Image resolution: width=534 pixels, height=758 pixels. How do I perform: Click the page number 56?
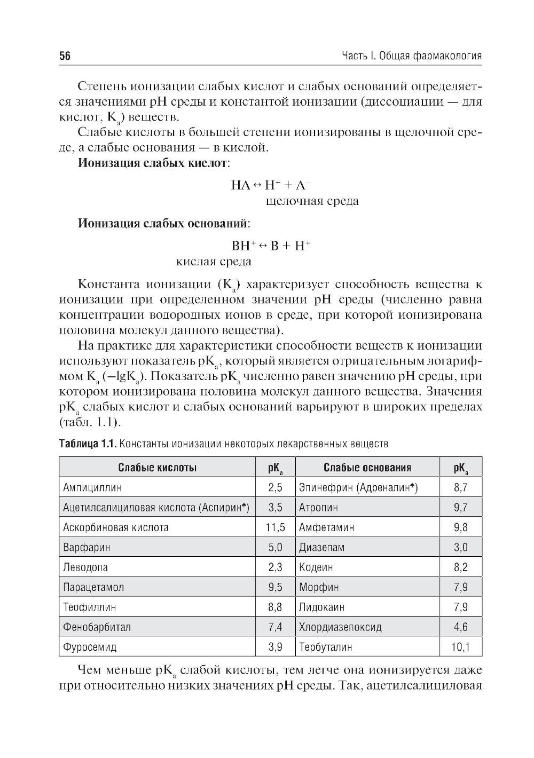[65, 57]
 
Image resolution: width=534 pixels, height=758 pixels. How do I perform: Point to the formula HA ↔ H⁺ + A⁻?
[271, 185]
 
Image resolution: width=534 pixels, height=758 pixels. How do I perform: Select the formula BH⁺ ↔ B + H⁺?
[271, 246]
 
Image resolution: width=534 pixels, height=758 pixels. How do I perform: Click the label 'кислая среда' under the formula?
[214, 262]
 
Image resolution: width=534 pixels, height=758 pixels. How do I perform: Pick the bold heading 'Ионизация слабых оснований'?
[163, 223]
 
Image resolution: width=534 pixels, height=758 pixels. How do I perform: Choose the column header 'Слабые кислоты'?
[158, 468]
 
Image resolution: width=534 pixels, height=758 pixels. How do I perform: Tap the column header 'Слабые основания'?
[367, 468]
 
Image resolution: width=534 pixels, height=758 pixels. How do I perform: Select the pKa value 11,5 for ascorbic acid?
[276, 527]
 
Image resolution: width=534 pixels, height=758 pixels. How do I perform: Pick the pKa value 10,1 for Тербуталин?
[460, 647]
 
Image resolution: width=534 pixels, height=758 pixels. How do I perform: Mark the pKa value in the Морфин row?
[460, 587]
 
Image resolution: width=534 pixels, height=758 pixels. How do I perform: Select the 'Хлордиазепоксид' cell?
[340, 627]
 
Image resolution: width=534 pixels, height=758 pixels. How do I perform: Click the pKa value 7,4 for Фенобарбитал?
[276, 627]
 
